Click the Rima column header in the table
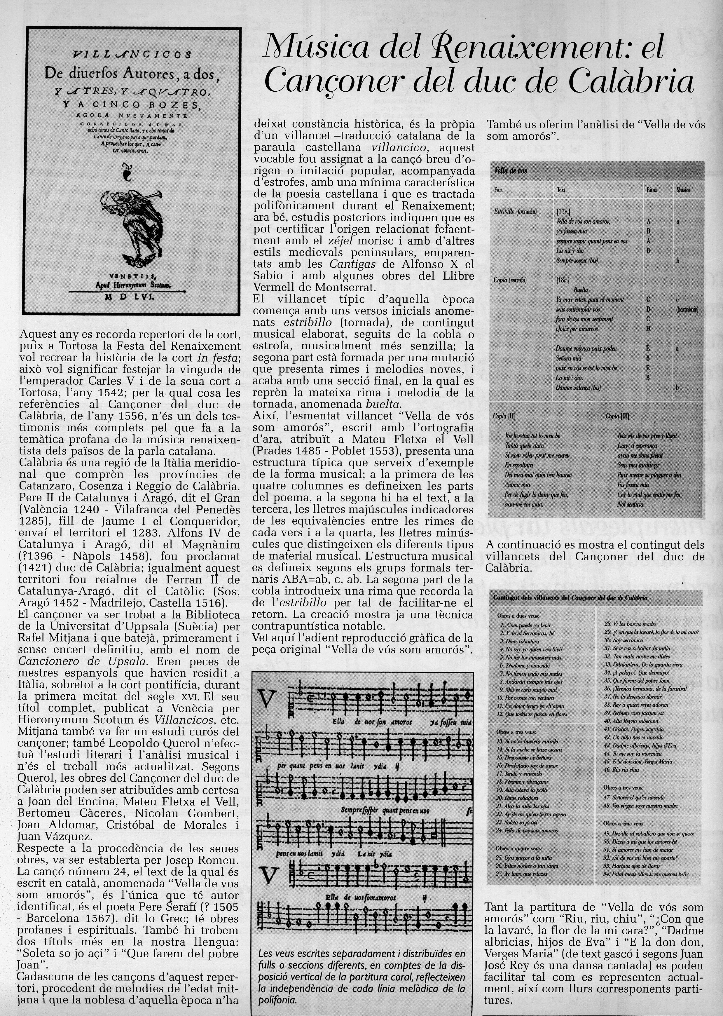(x=651, y=190)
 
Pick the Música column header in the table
(x=683, y=190)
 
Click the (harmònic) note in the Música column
(x=686, y=309)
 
